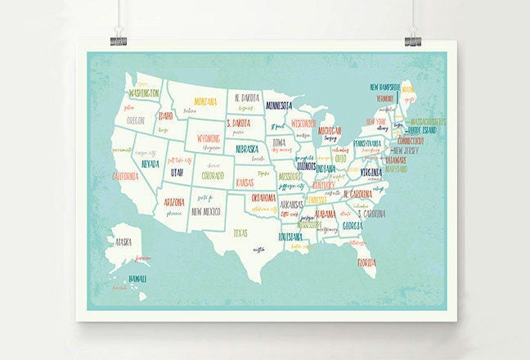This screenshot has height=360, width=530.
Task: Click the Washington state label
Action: [144, 93]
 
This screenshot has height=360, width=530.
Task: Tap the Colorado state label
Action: [213, 175]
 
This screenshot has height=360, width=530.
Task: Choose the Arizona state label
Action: [173, 202]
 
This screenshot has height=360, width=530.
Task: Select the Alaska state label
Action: [124, 241]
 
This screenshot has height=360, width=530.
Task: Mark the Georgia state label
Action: [354, 225]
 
